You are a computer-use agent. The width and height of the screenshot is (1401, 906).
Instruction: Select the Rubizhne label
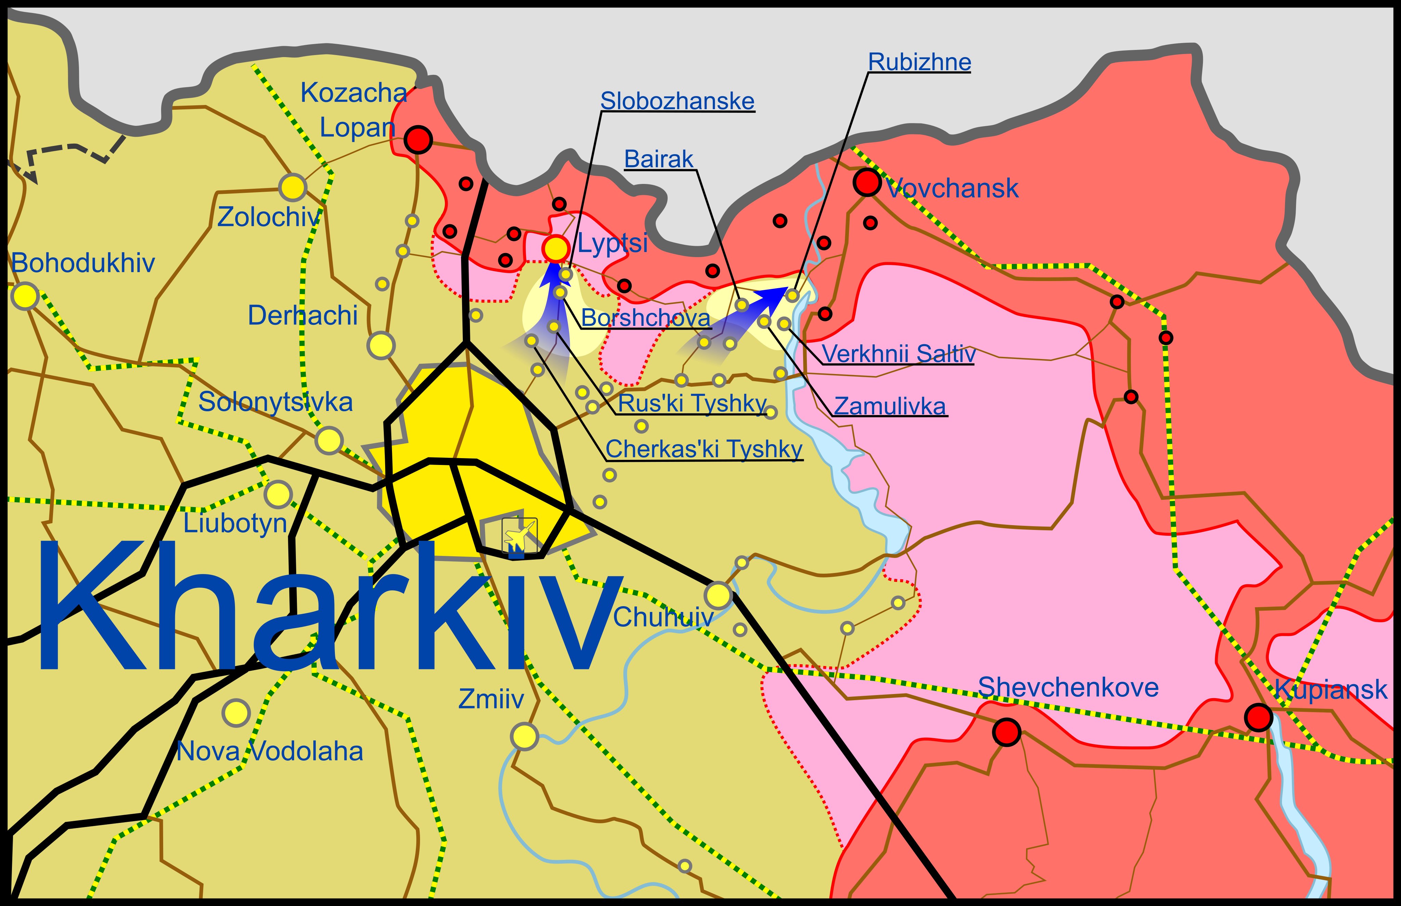pos(919,62)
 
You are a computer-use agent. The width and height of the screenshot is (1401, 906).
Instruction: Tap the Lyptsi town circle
pos(555,248)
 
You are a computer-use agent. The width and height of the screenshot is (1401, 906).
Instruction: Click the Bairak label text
pos(658,159)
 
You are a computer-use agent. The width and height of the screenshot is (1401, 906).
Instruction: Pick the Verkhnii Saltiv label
pos(898,354)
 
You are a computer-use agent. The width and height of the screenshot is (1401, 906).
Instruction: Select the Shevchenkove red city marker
pos(1006,732)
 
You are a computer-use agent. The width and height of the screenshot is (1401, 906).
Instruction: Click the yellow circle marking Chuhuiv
pos(718,595)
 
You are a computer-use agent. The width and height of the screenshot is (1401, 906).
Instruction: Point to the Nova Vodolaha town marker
pos(236,713)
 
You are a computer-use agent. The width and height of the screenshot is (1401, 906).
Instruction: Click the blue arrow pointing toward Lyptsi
pos(553,300)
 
